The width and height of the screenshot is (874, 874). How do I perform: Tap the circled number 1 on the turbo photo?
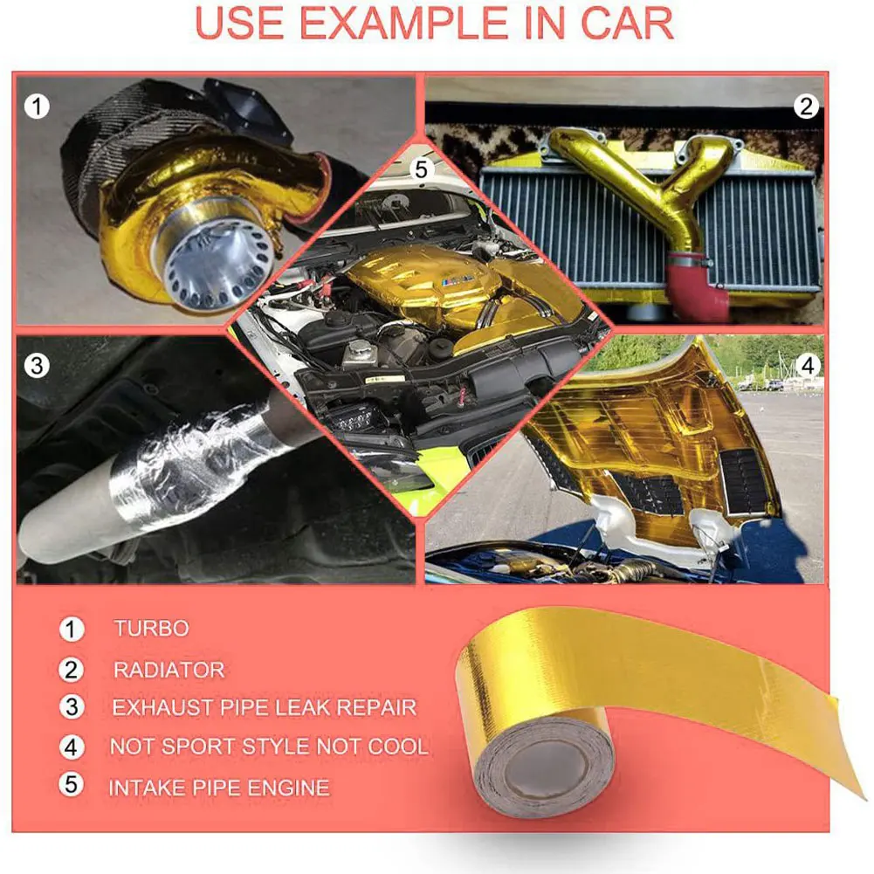tap(36, 107)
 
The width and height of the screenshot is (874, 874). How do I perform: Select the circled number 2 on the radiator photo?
tap(806, 107)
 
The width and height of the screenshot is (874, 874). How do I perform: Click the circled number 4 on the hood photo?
tap(808, 365)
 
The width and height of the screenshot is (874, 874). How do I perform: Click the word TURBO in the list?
tap(150, 628)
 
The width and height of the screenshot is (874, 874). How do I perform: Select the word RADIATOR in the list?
tap(169, 670)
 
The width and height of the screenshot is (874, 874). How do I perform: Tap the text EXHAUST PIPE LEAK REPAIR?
tap(264, 707)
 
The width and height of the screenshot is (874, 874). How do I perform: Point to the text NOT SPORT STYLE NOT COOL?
tap(269, 747)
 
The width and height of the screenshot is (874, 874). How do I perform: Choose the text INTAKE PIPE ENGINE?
tap(218, 788)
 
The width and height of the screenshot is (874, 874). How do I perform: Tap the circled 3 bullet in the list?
tap(72, 707)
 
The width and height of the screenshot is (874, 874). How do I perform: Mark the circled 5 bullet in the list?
tap(72, 785)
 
